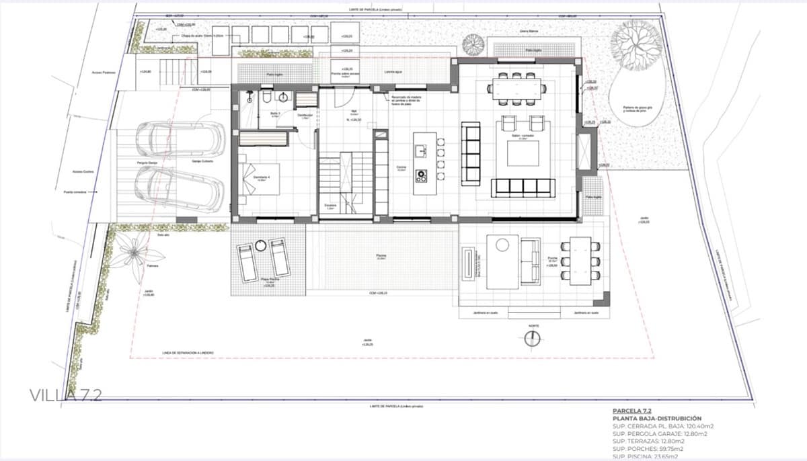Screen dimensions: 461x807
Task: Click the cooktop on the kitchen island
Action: coord(422,176)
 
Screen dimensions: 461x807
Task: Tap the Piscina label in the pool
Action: coord(381,256)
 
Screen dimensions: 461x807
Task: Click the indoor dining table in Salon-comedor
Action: coord(517,87)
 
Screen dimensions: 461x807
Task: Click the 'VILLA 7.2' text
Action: coord(65,395)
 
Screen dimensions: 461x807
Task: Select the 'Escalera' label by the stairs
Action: coord(330,206)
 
